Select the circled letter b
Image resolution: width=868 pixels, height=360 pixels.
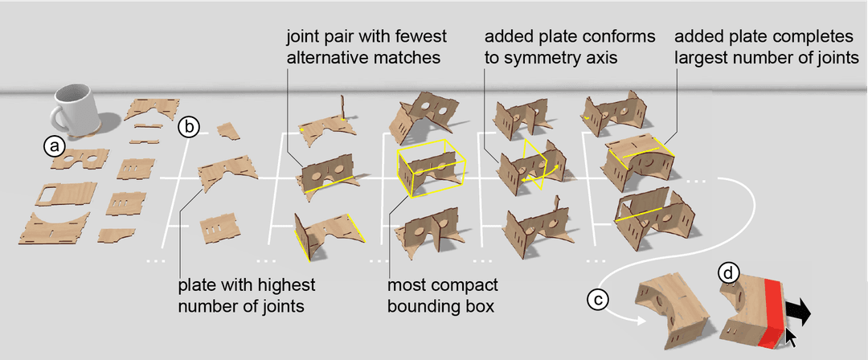point(189,126)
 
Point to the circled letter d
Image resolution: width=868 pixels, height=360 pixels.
point(727,274)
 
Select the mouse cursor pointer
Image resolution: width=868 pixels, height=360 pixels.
point(792,336)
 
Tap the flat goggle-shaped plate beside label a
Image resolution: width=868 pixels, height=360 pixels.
point(83,158)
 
